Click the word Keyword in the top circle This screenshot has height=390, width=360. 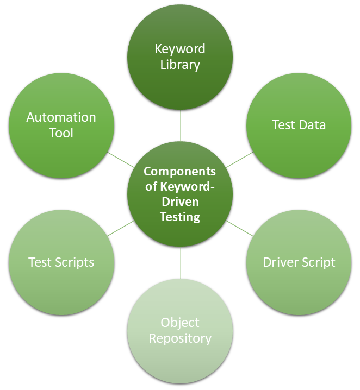tap(180, 49)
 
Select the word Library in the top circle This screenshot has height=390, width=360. tap(180, 65)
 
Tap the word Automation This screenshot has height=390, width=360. tap(61, 117)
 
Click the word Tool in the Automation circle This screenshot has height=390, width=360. tap(61, 133)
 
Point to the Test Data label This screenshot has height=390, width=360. tap(299, 125)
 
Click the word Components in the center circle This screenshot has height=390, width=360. tap(180, 172)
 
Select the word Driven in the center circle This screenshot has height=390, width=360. tap(180, 202)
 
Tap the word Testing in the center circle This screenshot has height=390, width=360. tap(180, 217)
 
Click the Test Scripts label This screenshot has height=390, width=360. tap(61, 262)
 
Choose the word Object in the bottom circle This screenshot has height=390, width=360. tap(180, 323)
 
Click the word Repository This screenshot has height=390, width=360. tap(180, 339)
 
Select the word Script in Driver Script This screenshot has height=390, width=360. tap(318, 262)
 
